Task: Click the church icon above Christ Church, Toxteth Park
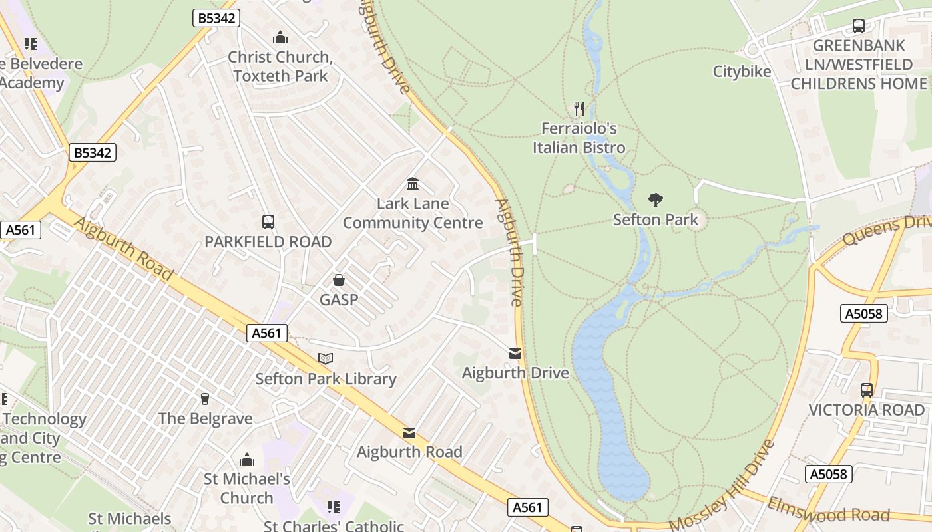coord(280,37)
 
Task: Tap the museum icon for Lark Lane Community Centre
coord(413,184)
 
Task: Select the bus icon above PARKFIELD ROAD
coord(268,221)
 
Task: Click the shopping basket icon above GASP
coord(339,280)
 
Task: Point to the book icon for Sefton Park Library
coord(326,358)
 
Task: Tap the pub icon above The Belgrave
coord(205,398)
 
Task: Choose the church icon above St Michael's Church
coord(247,460)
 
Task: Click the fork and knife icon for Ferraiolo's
coord(579,108)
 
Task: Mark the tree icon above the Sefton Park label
coord(656,199)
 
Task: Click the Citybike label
coord(742,72)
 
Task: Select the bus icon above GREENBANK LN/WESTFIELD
coord(859,26)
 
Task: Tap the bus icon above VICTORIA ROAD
coord(867,390)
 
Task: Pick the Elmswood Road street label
coord(828,510)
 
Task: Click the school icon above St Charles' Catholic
coord(334,507)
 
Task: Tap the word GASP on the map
coord(339,300)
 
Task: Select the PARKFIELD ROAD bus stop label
coord(268,242)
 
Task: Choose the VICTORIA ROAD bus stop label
coord(867,410)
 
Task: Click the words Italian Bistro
coord(579,148)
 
